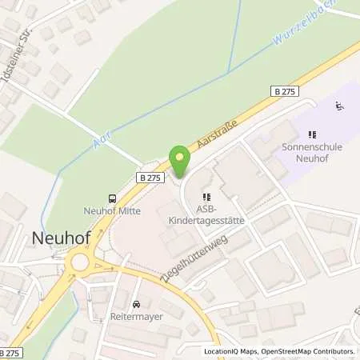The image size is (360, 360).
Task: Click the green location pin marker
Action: coord(180,160)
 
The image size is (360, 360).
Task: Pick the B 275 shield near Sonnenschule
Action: coord(284,93)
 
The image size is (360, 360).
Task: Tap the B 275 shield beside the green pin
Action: coord(149,178)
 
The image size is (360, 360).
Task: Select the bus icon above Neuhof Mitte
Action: coord(113,199)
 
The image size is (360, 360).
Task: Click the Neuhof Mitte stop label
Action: coord(112,211)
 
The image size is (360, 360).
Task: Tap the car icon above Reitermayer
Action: coord(137,304)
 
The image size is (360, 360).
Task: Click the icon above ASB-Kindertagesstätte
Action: coord(206,197)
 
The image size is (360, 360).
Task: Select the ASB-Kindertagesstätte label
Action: coord(206,212)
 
